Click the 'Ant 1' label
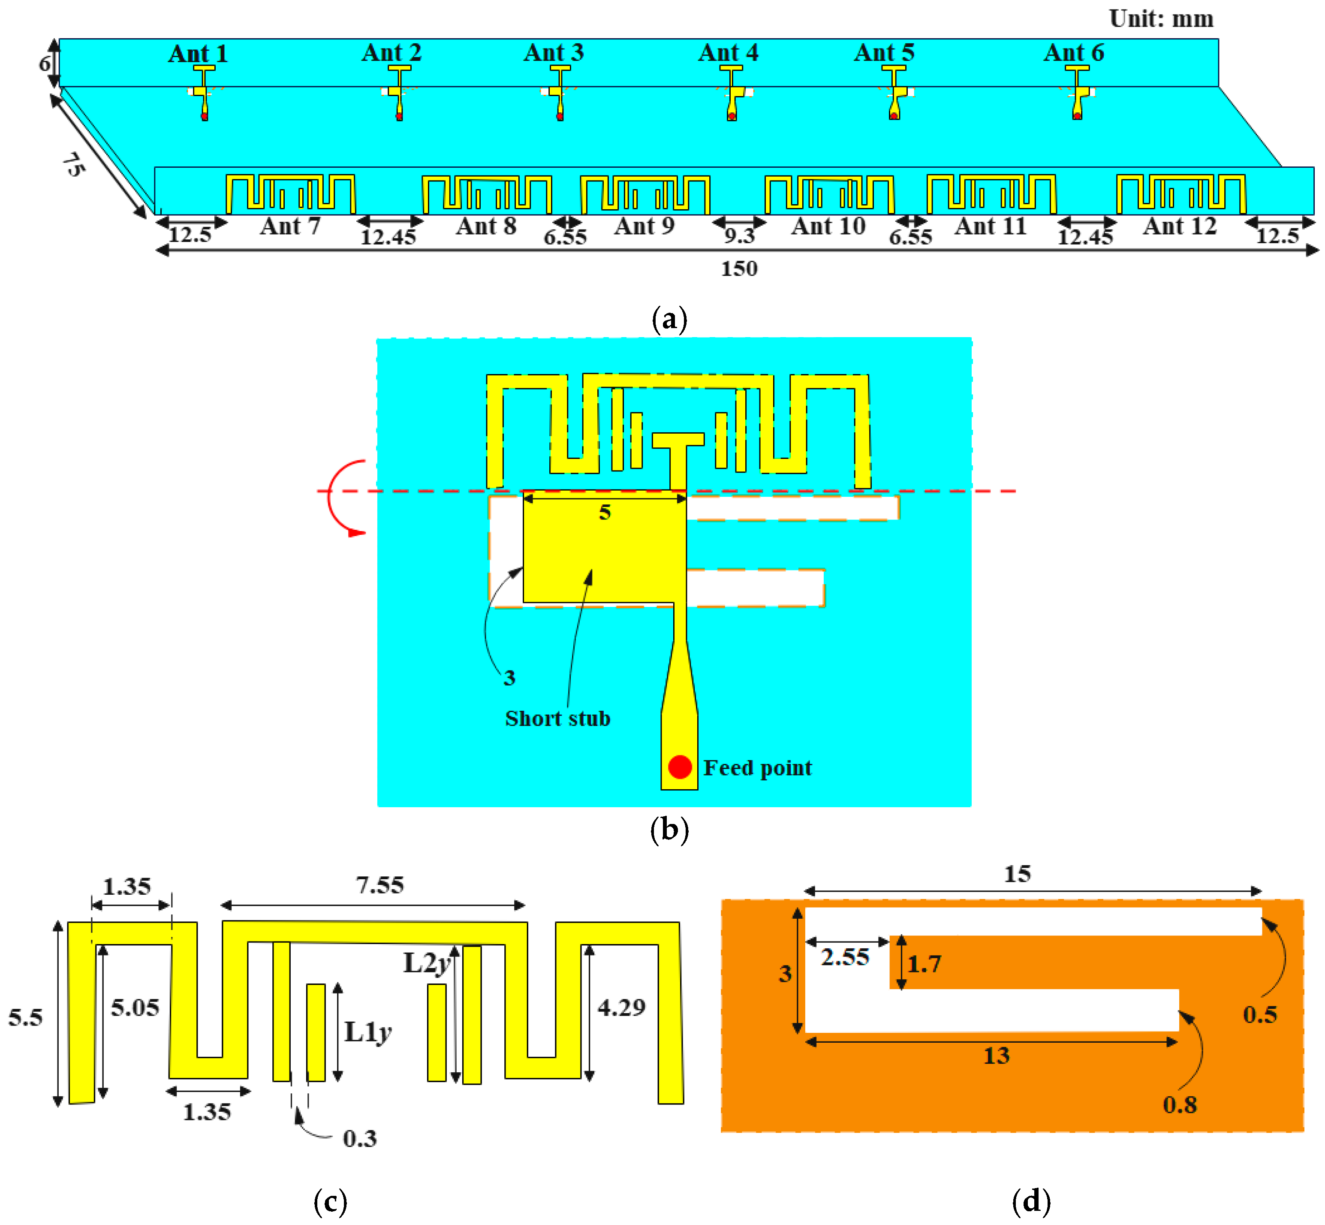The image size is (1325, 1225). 198,54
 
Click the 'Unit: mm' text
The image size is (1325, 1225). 1161,18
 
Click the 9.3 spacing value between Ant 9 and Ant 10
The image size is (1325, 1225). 739,235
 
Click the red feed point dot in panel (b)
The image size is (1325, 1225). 679,767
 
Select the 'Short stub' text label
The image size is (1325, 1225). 557,718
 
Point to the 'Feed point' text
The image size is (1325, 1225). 757,768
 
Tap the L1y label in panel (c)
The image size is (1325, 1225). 367,1032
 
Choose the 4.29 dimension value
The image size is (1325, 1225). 621,1008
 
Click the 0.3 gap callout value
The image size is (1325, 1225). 359,1139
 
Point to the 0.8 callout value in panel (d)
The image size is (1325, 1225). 1179,1105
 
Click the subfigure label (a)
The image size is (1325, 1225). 669,320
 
